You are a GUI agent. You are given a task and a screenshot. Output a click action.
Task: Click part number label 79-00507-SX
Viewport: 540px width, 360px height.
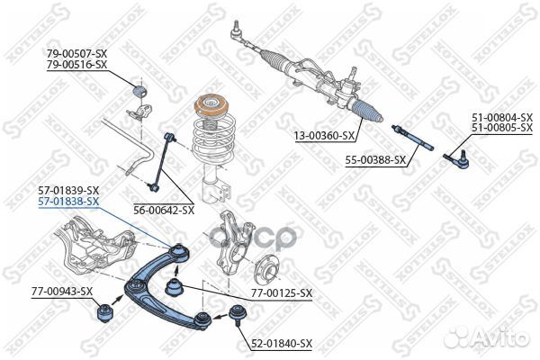point(77,54)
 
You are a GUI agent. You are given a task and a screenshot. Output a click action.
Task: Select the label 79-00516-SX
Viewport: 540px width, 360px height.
point(77,66)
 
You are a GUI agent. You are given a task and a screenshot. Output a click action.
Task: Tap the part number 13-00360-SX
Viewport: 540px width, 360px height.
point(325,136)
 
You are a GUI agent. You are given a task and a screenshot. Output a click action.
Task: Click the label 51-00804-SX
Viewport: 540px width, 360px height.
point(502,118)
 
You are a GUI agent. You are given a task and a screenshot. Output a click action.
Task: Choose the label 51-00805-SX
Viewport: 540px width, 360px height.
point(502,130)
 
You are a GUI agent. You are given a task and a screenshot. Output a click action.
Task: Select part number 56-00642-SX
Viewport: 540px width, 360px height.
point(164,211)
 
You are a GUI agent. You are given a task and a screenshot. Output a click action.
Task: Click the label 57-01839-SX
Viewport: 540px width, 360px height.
point(68,191)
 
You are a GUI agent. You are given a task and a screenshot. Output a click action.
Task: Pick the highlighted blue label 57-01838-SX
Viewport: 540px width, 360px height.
point(68,202)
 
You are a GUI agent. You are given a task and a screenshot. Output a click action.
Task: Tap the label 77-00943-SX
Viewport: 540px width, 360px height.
point(62,292)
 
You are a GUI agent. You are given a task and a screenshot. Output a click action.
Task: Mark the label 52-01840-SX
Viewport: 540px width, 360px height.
point(282,344)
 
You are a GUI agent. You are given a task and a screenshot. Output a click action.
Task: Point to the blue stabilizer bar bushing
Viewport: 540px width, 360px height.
point(139,90)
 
